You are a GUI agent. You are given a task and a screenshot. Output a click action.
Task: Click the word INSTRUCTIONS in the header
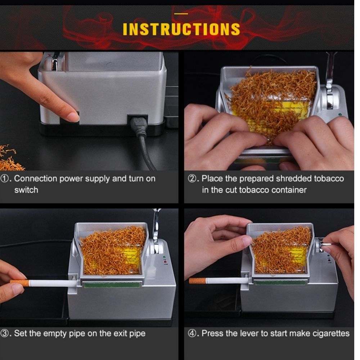click(x=181, y=29)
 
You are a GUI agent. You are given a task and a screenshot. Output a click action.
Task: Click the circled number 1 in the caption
click(x=8, y=179)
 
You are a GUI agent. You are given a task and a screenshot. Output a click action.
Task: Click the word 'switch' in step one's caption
click(x=26, y=190)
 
